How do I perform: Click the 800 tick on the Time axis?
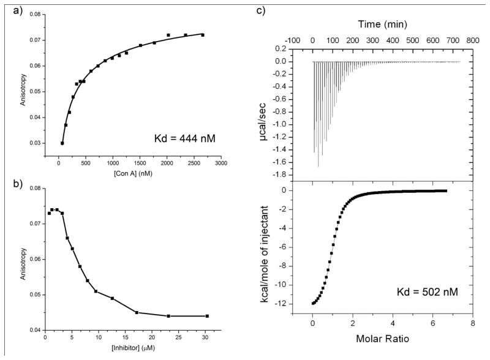[472, 39]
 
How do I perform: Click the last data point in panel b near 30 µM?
[207, 316]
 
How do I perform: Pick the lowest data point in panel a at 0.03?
[62, 143]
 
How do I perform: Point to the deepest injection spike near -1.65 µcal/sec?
[318, 166]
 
